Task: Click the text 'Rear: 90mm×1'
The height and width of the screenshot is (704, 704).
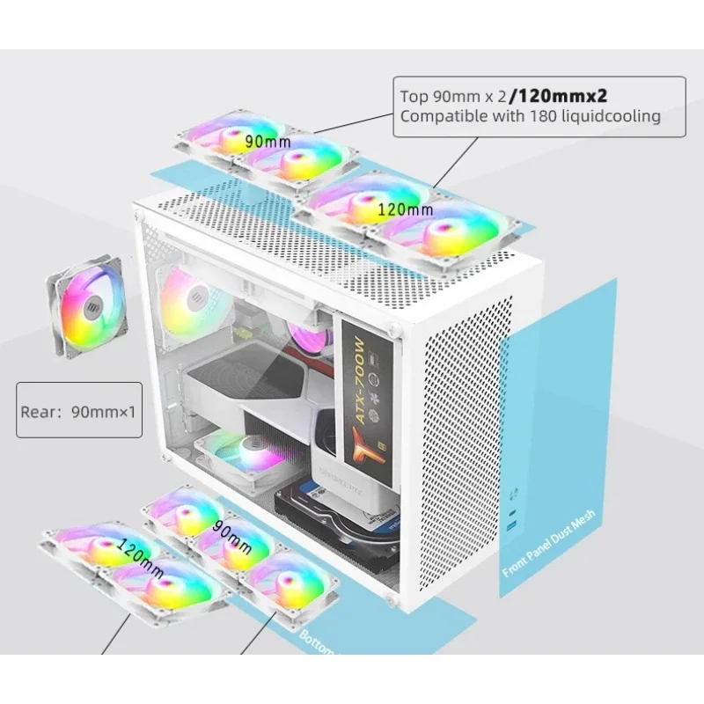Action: tap(79, 408)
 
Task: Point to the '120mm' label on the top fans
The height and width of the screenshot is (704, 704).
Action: tap(404, 209)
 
